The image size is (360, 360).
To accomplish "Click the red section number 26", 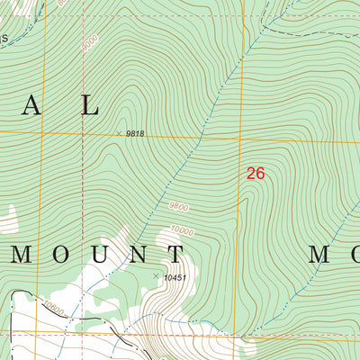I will pos(256,174).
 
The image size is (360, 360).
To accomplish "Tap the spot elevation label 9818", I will pos(135,133).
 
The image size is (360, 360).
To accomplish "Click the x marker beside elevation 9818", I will pos(119,133).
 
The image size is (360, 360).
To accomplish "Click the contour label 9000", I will pos(89,42).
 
